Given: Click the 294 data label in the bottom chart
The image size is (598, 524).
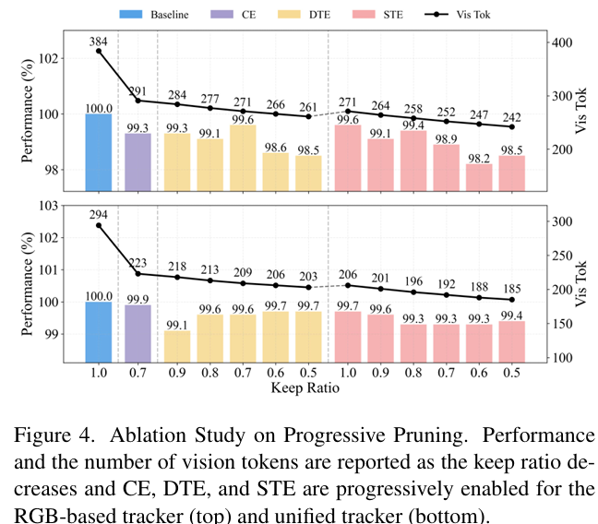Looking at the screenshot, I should coord(100,216).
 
